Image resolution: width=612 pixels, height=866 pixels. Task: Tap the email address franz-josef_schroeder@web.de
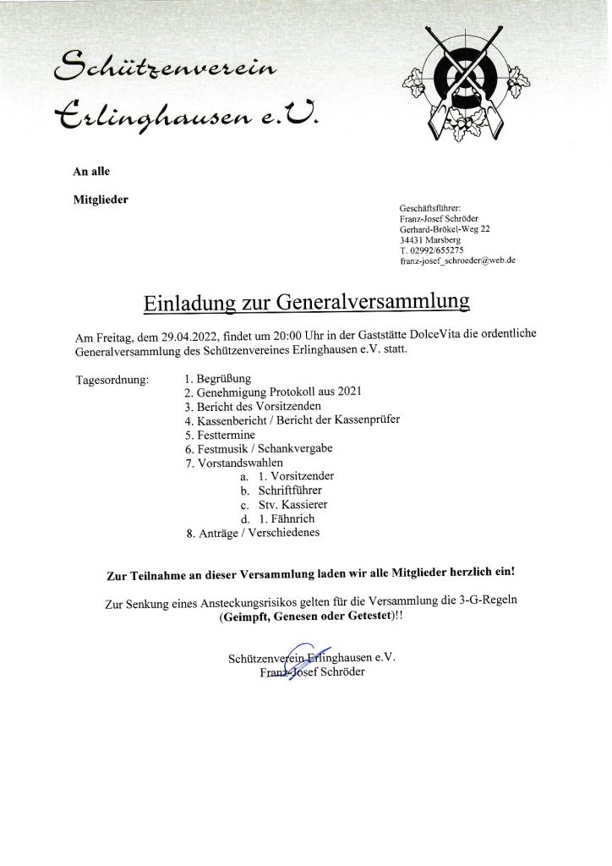tap(457, 261)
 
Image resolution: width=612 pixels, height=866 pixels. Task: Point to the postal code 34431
tap(412, 240)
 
